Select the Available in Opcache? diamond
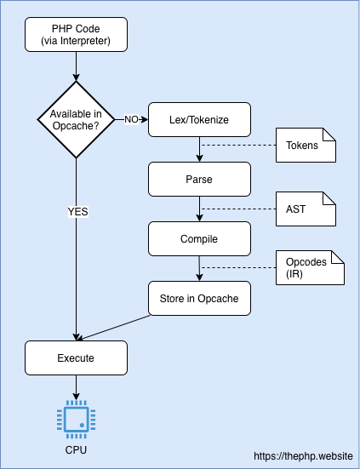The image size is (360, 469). pos(76,119)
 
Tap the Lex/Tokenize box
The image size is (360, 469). pos(199,119)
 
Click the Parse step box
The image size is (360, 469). pos(199,180)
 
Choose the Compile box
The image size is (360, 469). pos(199,239)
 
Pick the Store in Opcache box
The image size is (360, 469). pos(199,299)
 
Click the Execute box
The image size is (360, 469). pos(76,358)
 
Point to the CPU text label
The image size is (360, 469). pos(76,449)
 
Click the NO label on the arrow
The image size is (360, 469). pos(132,119)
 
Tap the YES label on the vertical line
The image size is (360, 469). pos(77,211)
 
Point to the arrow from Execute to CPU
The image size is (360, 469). pos(76,387)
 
